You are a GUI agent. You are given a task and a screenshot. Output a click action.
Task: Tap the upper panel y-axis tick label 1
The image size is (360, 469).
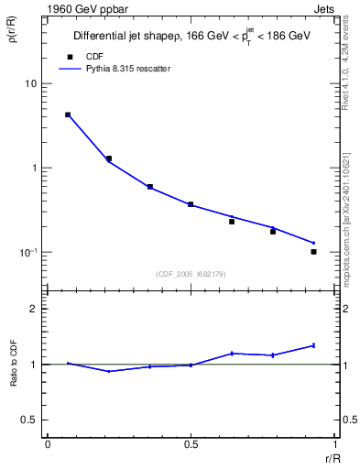[35, 169]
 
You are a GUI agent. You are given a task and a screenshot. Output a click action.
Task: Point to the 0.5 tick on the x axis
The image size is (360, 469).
[191, 444]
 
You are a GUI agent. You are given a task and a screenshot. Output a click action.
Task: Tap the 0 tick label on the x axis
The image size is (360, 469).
[48, 444]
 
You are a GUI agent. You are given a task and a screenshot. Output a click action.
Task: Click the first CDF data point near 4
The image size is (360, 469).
[68, 115]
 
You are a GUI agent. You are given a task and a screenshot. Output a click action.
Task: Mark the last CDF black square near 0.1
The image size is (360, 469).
[313, 251]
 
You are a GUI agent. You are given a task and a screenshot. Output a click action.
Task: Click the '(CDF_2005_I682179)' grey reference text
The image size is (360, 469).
[190, 273]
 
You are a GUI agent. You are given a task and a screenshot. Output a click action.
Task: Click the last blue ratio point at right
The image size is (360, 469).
[313, 345]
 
